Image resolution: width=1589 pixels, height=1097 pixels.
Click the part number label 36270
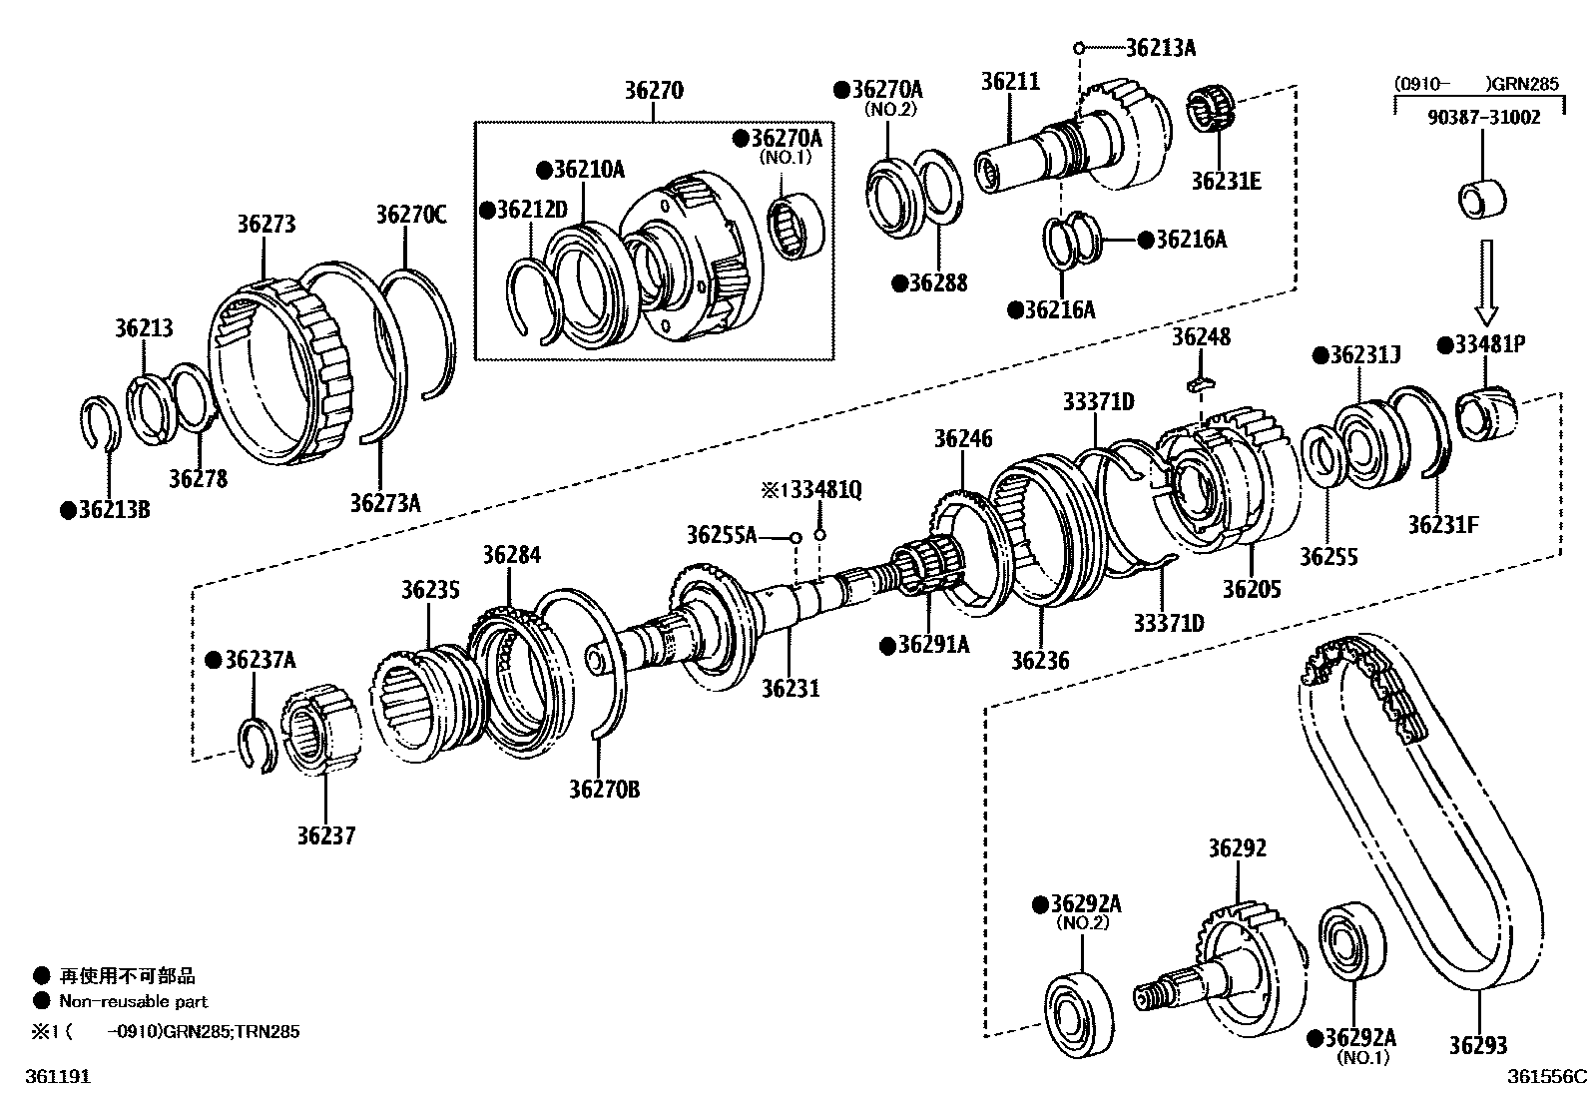654,91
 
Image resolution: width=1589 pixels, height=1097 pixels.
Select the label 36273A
384,501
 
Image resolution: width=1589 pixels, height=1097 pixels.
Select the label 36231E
1226,181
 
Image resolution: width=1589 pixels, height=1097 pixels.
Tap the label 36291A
932,645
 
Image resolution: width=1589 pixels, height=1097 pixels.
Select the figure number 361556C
1546,1077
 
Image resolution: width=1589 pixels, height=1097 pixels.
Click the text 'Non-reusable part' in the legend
133,1001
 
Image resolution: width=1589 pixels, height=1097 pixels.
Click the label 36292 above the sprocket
1237,848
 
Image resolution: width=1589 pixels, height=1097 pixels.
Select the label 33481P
1489,345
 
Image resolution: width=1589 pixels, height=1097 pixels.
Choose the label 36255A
721,535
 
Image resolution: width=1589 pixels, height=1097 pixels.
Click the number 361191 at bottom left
52,1077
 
